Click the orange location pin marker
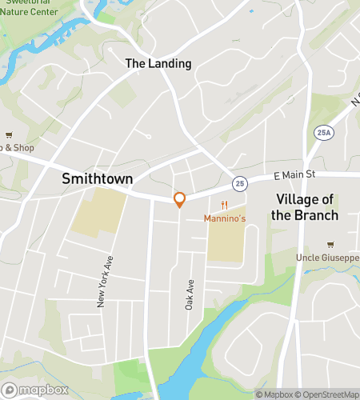(x=180, y=199)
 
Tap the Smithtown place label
(x=97, y=180)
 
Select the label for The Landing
(x=158, y=63)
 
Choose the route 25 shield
(x=239, y=183)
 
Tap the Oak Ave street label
(x=190, y=294)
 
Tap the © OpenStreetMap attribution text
(x=328, y=394)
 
